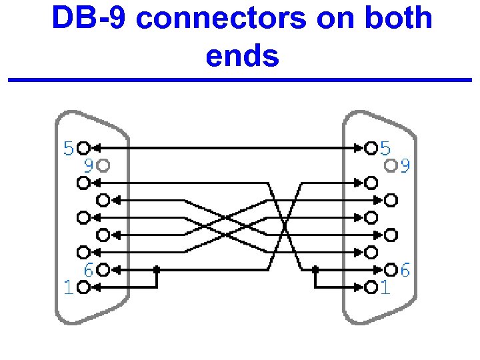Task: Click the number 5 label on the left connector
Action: pyautogui.click(x=69, y=147)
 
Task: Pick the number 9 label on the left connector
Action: pyautogui.click(x=87, y=164)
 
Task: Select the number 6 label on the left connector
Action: pyautogui.click(x=87, y=270)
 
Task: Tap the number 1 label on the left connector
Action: pyautogui.click(x=67, y=287)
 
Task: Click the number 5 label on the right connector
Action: pyautogui.click(x=386, y=147)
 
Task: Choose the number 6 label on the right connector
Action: pyautogui.click(x=405, y=270)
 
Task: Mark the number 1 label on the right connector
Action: pyautogui.click(x=385, y=287)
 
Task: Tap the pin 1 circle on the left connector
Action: pyautogui.click(x=83, y=287)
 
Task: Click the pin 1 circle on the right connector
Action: pyautogui.click(x=371, y=287)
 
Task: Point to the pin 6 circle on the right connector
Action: pyautogui.click(x=391, y=269)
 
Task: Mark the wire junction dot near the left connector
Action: pyautogui.click(x=157, y=269)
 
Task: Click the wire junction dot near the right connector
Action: pyautogui.click(x=316, y=269)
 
